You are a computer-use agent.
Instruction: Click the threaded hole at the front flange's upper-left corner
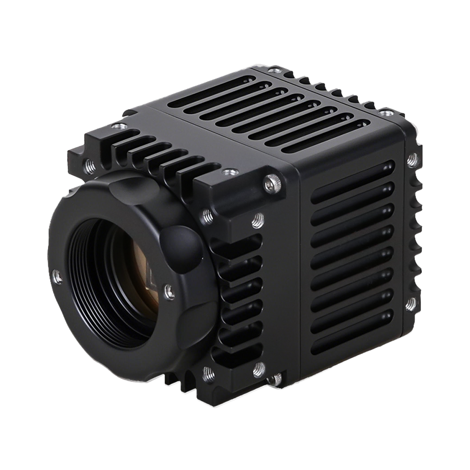(x=88, y=165)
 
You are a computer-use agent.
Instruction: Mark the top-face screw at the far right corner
(x=389, y=113)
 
